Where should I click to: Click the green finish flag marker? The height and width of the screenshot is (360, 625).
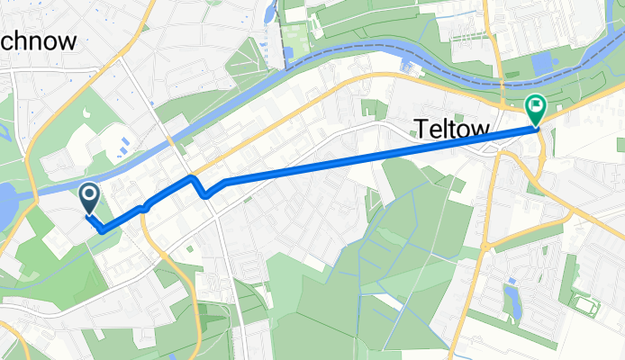[535, 110]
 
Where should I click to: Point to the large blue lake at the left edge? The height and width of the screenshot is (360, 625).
[7, 205]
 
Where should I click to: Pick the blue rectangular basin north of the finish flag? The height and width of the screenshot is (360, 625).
[544, 65]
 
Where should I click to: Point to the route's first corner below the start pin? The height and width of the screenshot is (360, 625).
[103, 230]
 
